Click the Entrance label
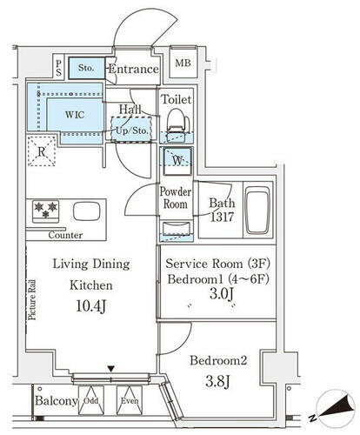pos(134,69)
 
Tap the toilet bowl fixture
pos(177,124)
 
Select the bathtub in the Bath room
pos(257,211)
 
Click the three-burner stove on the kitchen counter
pos(45,211)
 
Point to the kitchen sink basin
pos(87,211)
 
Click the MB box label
pos(183,63)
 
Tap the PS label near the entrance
pos(59,68)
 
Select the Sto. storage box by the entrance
pos(86,68)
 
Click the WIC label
pos(75,115)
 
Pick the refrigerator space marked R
pos(42,151)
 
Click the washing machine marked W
pos(177,161)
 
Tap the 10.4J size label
pos(91,306)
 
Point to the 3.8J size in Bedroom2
pos(217,381)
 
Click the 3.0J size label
pos(222,294)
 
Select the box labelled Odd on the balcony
pos(91,400)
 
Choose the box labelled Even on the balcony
pos(130,400)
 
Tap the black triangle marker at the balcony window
pos(110,369)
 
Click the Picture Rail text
pos(32,299)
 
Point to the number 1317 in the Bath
pos(222,217)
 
